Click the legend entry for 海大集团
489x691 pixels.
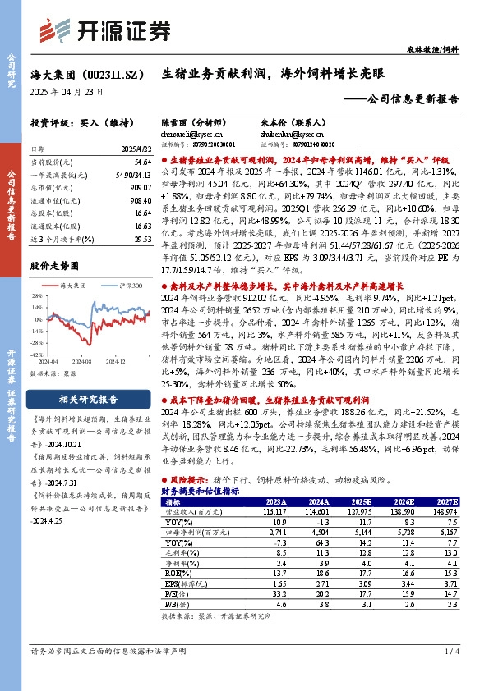[73, 284]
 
